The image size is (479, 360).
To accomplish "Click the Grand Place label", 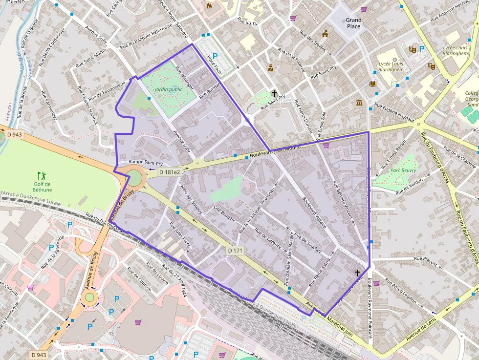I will point(353,23).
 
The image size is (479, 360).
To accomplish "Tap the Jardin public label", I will point(168,89).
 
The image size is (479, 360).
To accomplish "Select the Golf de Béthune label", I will point(42,187).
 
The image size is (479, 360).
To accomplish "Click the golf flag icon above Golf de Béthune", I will point(42,174).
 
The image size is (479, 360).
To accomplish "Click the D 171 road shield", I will point(235,251).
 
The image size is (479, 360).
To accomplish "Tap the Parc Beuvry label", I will point(403,170).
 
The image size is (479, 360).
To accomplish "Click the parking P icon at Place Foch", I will point(215,56).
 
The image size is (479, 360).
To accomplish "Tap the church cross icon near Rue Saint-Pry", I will point(274,93).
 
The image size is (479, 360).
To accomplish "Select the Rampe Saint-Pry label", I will point(146,162).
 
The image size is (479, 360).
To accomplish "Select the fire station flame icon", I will point(210,6).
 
